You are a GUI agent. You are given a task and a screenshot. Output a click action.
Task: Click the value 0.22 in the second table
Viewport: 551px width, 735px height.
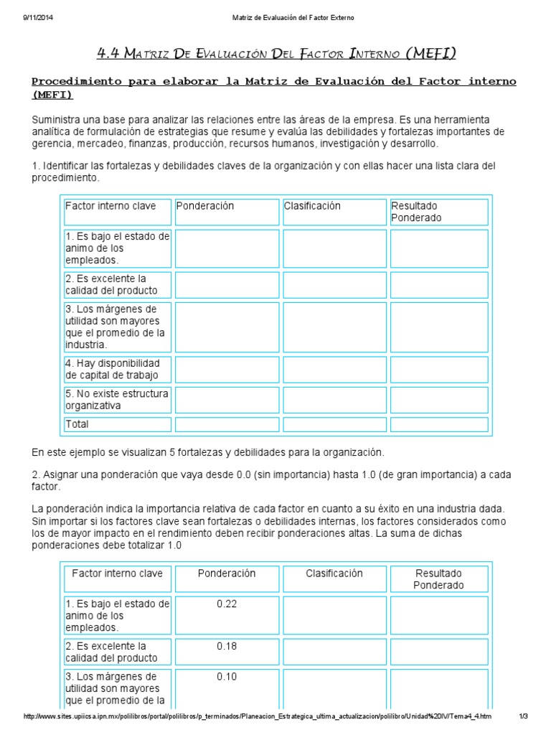pos(227,604)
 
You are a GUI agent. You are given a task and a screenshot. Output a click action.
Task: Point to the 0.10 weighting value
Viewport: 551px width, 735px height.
pos(227,676)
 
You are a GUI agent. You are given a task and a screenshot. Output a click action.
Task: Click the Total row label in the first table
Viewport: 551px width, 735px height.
pos(77,424)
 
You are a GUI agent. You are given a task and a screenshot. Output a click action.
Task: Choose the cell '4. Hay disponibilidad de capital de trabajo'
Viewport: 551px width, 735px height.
pos(117,369)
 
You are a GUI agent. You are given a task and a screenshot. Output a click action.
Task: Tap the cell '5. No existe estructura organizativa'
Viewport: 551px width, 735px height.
pos(117,400)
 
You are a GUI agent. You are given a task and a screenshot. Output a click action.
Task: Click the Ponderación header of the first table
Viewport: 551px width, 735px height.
pos(206,206)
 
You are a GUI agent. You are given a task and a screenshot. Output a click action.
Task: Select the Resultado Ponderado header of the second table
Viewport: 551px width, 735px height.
pos(438,579)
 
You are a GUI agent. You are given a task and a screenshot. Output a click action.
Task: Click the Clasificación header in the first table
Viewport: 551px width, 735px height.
pos(312,206)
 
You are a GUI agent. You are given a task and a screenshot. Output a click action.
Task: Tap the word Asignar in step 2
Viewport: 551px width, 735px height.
pos(61,476)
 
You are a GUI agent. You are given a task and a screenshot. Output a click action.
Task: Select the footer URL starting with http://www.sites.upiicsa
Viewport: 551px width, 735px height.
pos(258,716)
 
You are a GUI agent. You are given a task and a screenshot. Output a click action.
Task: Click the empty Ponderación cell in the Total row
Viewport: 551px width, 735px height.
pos(227,424)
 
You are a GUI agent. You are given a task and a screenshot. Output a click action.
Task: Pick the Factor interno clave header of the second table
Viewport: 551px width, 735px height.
pos(117,574)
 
